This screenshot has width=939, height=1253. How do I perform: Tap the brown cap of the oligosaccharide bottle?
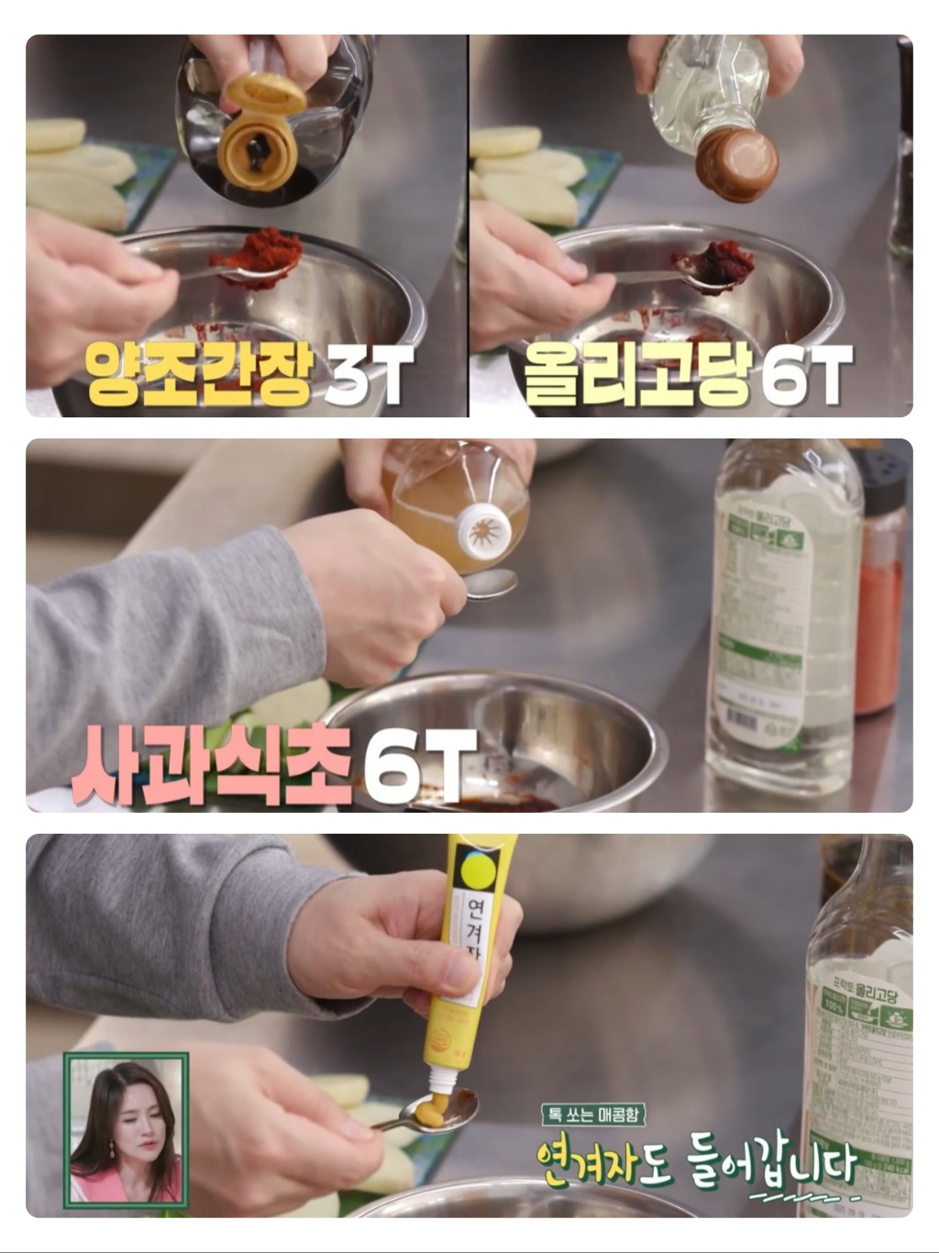coord(735,165)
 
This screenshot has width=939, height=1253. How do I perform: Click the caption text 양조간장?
coord(199,374)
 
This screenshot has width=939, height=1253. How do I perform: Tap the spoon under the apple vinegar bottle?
coord(492,584)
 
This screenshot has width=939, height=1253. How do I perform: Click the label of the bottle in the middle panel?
coord(764,624)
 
